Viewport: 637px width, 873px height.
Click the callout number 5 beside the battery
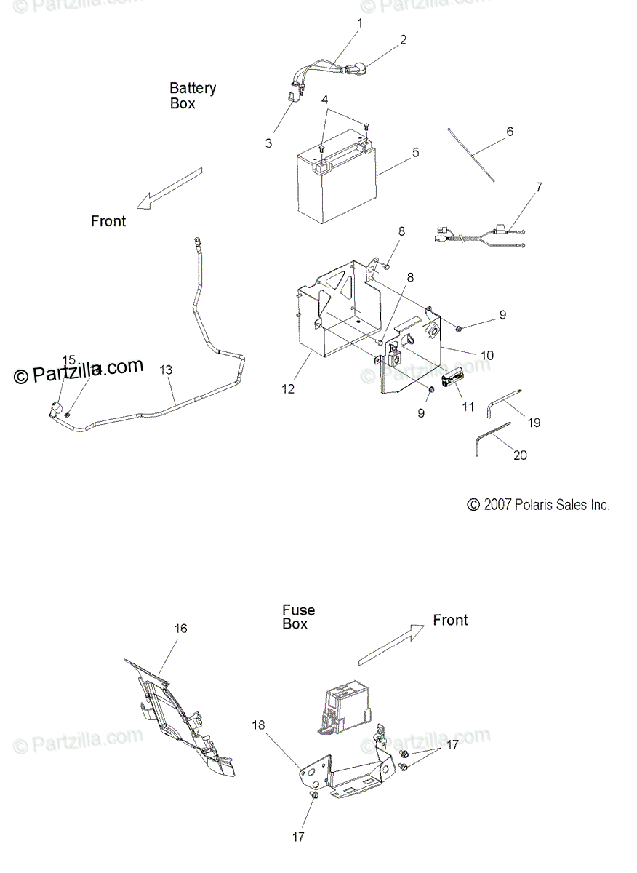point(415,153)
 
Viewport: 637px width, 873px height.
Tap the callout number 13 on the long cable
point(166,370)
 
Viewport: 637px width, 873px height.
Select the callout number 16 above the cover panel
point(180,629)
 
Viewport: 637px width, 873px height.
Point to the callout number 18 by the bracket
point(259,725)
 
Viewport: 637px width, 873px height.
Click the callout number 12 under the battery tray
point(288,389)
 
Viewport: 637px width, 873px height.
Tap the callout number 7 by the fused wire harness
point(538,187)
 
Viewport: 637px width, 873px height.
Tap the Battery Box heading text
point(193,95)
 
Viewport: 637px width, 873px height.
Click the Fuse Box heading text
point(299,617)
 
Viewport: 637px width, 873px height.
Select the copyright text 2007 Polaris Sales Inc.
point(538,505)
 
